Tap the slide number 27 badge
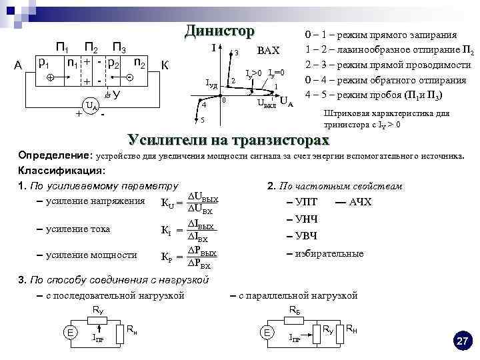(x=461, y=341)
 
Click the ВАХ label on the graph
(x=268, y=51)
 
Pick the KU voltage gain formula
(x=190, y=203)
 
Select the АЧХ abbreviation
(x=360, y=202)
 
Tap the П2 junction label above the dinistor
(x=91, y=47)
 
